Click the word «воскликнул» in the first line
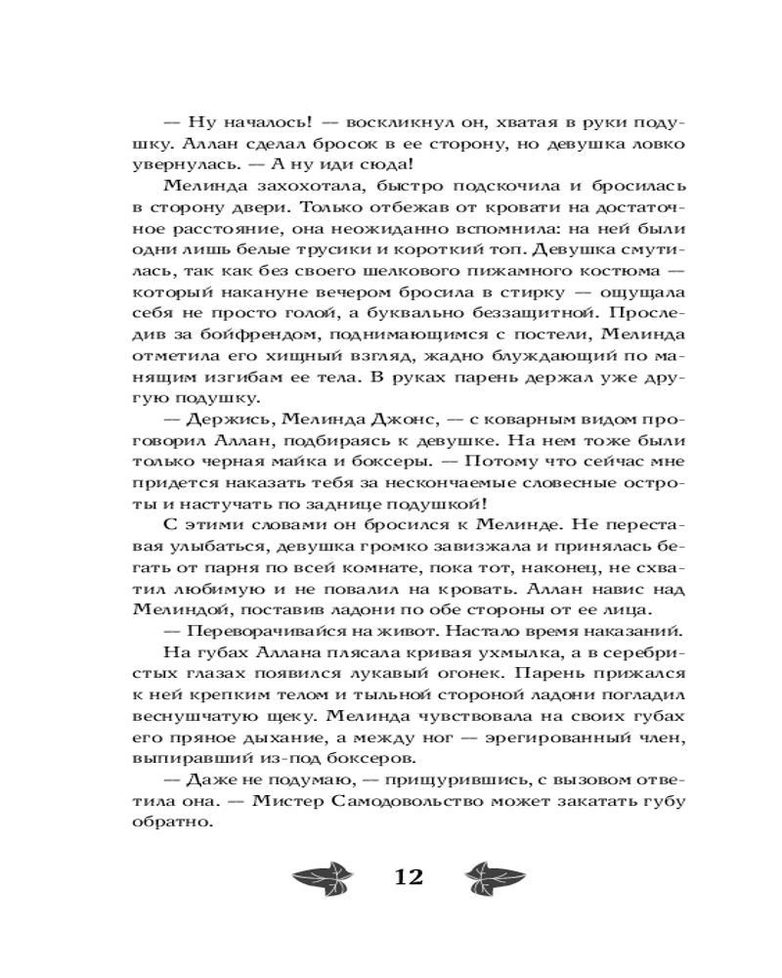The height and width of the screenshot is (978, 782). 397,126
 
